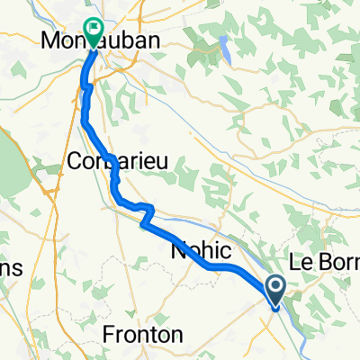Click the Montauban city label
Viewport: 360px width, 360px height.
94,40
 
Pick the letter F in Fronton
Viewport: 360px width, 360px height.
109,334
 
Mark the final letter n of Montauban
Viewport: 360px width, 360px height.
140,40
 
